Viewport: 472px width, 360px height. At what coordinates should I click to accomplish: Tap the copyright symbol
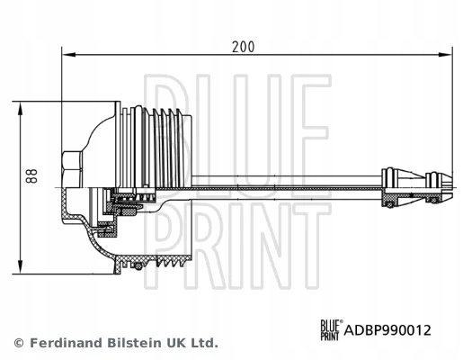pyautogui.click(x=19, y=343)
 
